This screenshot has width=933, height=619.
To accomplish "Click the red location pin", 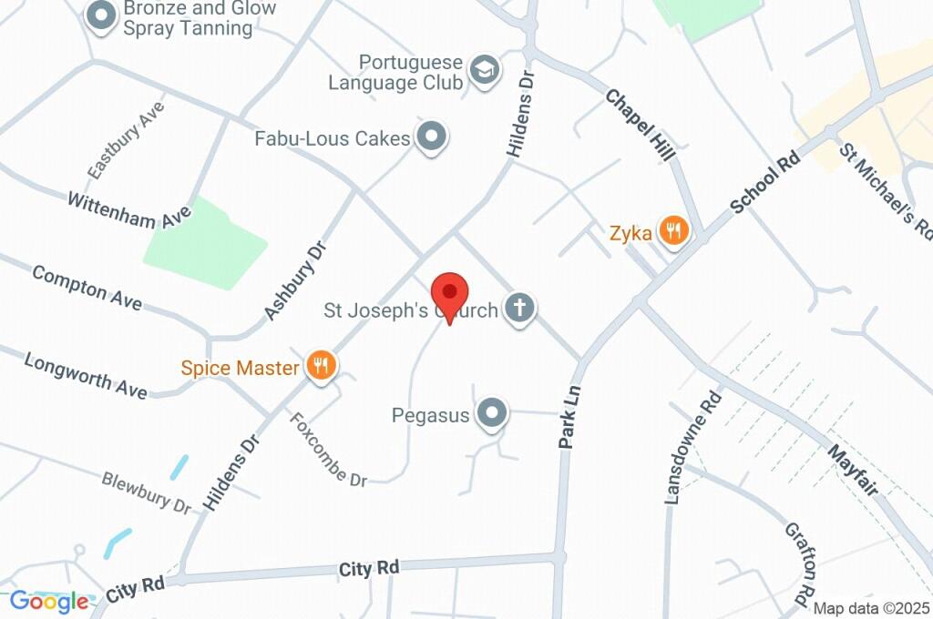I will pyautogui.click(x=449, y=295).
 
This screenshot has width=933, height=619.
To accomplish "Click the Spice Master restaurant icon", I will pyautogui.click(x=321, y=366).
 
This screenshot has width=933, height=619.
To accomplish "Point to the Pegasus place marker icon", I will pyautogui.click(x=493, y=413).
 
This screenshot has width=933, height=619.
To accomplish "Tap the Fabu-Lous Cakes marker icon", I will pyautogui.click(x=431, y=137).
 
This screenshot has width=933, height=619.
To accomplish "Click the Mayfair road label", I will pyautogui.click(x=853, y=469).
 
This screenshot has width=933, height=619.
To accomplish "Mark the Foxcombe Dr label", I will pyautogui.click(x=328, y=449).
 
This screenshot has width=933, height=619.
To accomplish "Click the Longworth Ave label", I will pyautogui.click(x=85, y=375).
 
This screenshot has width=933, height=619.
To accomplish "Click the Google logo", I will pyautogui.click(x=49, y=601).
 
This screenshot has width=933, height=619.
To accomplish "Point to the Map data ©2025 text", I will pyautogui.click(x=871, y=608).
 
